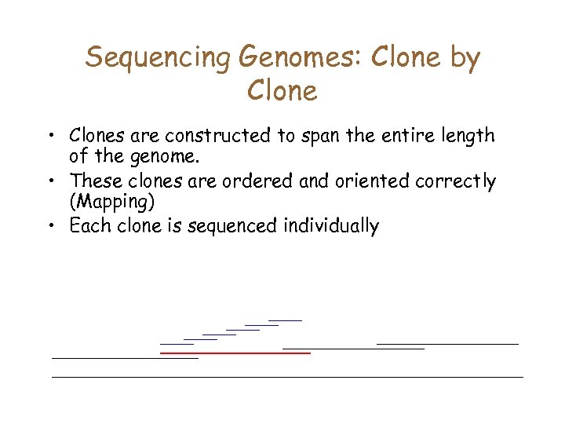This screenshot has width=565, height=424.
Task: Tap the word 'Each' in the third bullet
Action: click(89, 227)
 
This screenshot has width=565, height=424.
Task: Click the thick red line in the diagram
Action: click(235, 353)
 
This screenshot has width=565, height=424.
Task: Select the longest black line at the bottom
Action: click(287, 377)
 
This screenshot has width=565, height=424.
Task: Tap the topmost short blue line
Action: click(285, 320)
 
